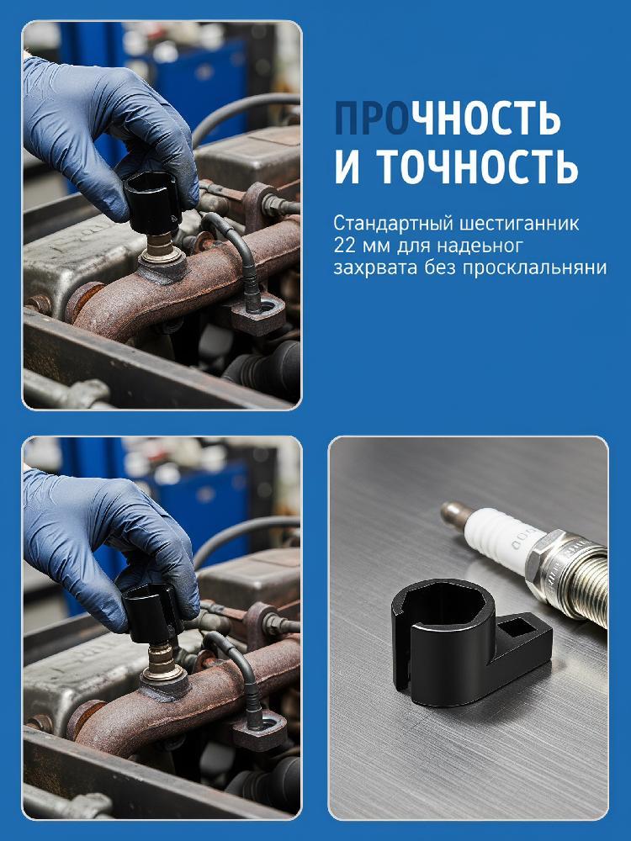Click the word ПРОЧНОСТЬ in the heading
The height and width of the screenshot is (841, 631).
pos(448,118)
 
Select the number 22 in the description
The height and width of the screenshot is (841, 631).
pos(343,246)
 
